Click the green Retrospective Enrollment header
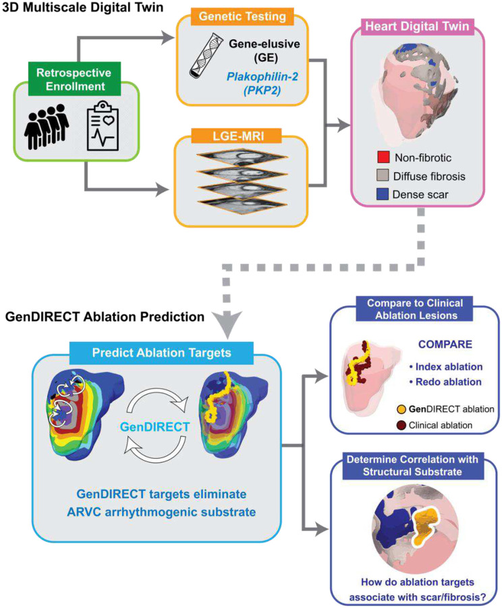point(74,79)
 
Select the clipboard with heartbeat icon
point(103,126)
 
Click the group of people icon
point(47,126)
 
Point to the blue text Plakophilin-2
point(262,76)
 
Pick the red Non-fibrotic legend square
point(383,157)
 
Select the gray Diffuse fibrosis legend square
point(383,175)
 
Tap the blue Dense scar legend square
point(383,194)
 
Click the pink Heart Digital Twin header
point(417,26)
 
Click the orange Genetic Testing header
point(242,17)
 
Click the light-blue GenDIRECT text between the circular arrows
point(155,427)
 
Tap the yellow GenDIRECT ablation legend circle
point(401,409)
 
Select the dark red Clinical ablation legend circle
point(401,426)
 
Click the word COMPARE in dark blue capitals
point(445,345)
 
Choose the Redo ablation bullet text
point(445,382)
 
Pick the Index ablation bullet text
point(446,367)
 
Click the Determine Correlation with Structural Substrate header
point(413,465)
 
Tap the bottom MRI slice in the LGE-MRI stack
point(242,203)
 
